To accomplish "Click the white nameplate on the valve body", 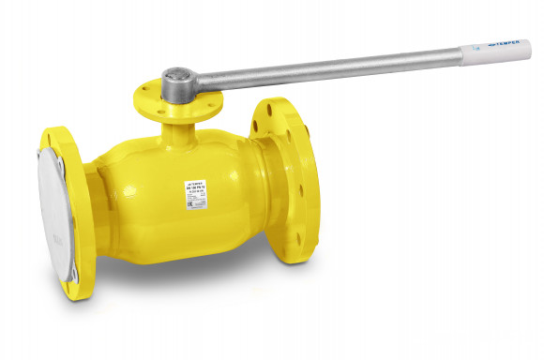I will [x=198, y=193].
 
